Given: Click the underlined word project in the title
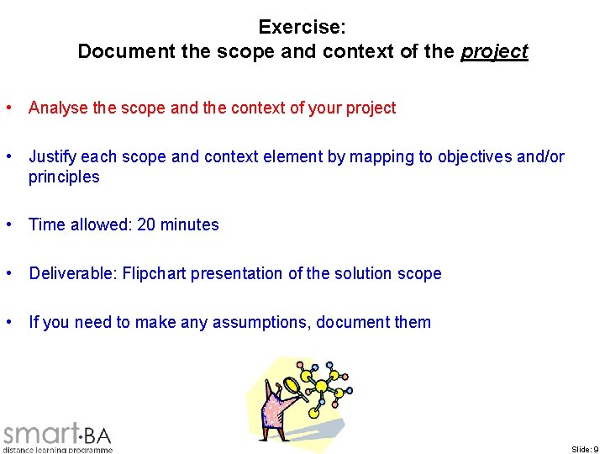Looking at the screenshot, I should [494, 51].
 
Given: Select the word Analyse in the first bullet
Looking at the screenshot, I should [55, 108].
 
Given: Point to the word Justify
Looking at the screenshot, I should [53, 156].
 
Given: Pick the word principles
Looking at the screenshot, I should [64, 177].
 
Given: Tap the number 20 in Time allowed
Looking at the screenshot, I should [146, 224].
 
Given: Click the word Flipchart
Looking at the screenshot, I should [154, 273].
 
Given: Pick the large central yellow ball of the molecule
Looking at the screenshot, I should [319, 388].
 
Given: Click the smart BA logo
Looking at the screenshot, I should [57, 434].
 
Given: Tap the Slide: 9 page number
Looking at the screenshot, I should [585, 449].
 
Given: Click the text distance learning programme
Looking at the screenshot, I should [57, 450].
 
